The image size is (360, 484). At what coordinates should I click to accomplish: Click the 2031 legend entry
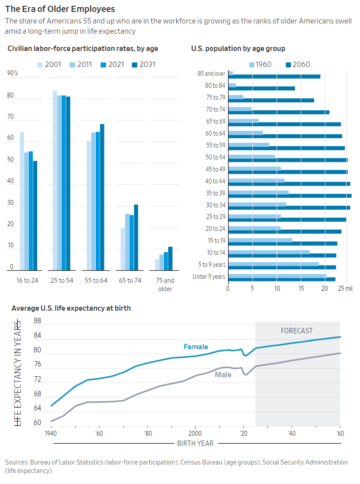point(144,65)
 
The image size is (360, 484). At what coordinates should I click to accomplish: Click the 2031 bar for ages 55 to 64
point(102,197)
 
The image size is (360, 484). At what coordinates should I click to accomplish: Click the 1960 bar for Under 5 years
point(277,276)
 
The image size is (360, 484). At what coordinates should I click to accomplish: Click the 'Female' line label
point(195,347)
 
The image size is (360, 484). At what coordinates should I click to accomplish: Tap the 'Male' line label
point(223,375)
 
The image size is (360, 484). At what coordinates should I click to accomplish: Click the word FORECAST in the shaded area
point(297,331)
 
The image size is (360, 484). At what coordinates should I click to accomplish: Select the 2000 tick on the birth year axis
point(195,433)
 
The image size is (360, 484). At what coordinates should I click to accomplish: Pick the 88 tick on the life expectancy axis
point(37,321)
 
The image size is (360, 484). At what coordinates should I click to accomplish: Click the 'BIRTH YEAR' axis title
point(195,443)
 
